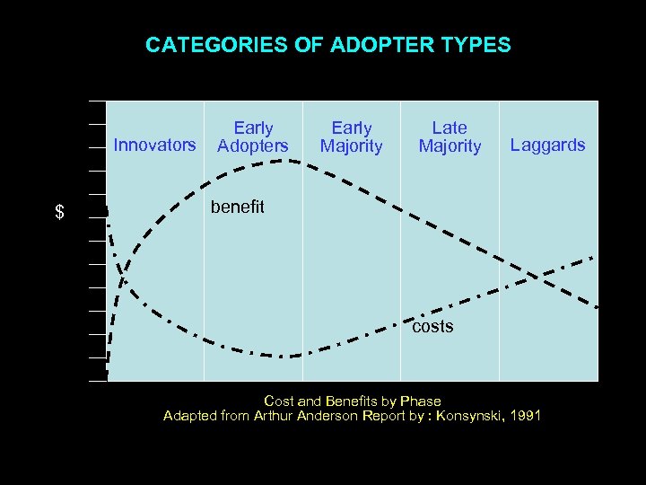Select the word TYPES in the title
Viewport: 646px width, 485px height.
[476, 45]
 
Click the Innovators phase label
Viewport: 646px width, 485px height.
[154, 145]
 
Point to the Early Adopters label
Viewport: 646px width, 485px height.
[253, 137]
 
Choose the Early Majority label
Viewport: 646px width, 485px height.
[351, 137]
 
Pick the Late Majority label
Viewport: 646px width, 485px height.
[450, 137]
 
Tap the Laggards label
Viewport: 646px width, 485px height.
[547, 145]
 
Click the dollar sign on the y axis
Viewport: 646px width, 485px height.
[59, 213]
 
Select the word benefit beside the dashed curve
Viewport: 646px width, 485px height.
[237, 207]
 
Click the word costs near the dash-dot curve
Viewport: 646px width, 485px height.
[432, 327]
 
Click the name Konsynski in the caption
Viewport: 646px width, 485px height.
[465, 416]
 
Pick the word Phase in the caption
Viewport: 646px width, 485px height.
[419, 401]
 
